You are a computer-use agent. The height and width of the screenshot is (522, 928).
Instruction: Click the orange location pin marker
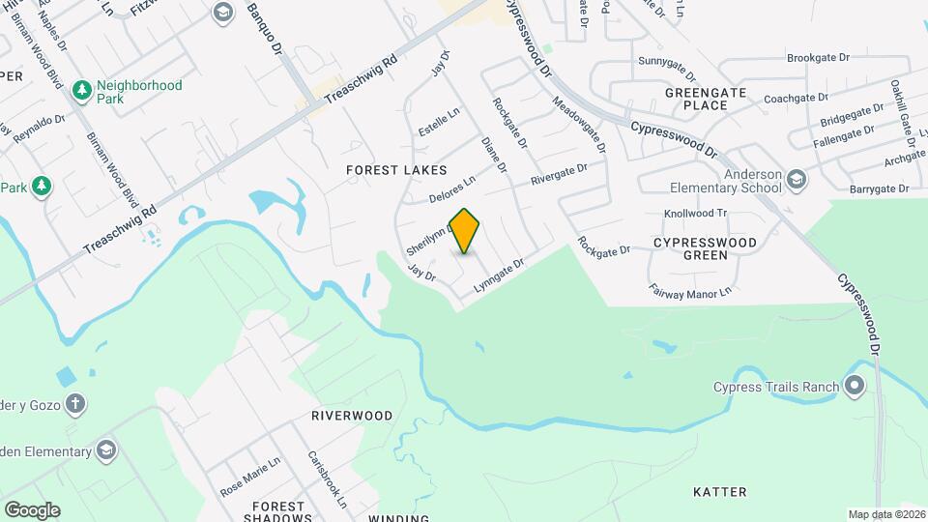pyautogui.click(x=465, y=230)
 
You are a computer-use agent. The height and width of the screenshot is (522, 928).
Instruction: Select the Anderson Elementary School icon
pyautogui.click(x=796, y=179)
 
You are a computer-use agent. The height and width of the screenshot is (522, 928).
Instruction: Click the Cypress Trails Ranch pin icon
pyautogui.click(x=855, y=388)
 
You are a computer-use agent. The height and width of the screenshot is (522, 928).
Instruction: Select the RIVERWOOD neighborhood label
pyautogui.click(x=352, y=416)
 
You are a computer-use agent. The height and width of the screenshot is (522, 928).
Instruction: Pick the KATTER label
pyautogui.click(x=720, y=492)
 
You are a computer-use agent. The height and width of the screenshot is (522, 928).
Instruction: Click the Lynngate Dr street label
pyautogui.click(x=498, y=275)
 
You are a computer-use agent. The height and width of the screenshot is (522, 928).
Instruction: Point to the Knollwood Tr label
pyautogui.click(x=696, y=213)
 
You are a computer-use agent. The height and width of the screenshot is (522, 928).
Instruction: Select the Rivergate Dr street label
pyautogui.click(x=559, y=175)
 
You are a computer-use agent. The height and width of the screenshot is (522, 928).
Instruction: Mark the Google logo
pyautogui.click(x=32, y=509)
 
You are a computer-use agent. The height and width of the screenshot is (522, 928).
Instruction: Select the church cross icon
pyautogui.click(x=74, y=402)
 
